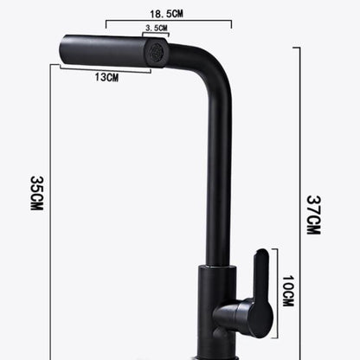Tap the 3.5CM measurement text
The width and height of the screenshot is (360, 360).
(x=157, y=29)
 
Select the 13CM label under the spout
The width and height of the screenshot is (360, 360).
(x=106, y=78)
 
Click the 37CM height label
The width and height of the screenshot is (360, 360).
(x=313, y=214)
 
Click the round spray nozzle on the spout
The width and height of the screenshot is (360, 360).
(x=157, y=54)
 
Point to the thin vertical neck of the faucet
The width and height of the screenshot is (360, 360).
(x=218, y=173)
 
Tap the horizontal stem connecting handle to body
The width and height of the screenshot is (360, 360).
(x=232, y=312)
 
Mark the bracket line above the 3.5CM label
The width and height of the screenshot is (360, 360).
(x=157, y=36)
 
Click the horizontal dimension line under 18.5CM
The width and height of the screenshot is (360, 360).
(x=168, y=23)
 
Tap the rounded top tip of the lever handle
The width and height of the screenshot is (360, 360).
(x=262, y=254)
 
